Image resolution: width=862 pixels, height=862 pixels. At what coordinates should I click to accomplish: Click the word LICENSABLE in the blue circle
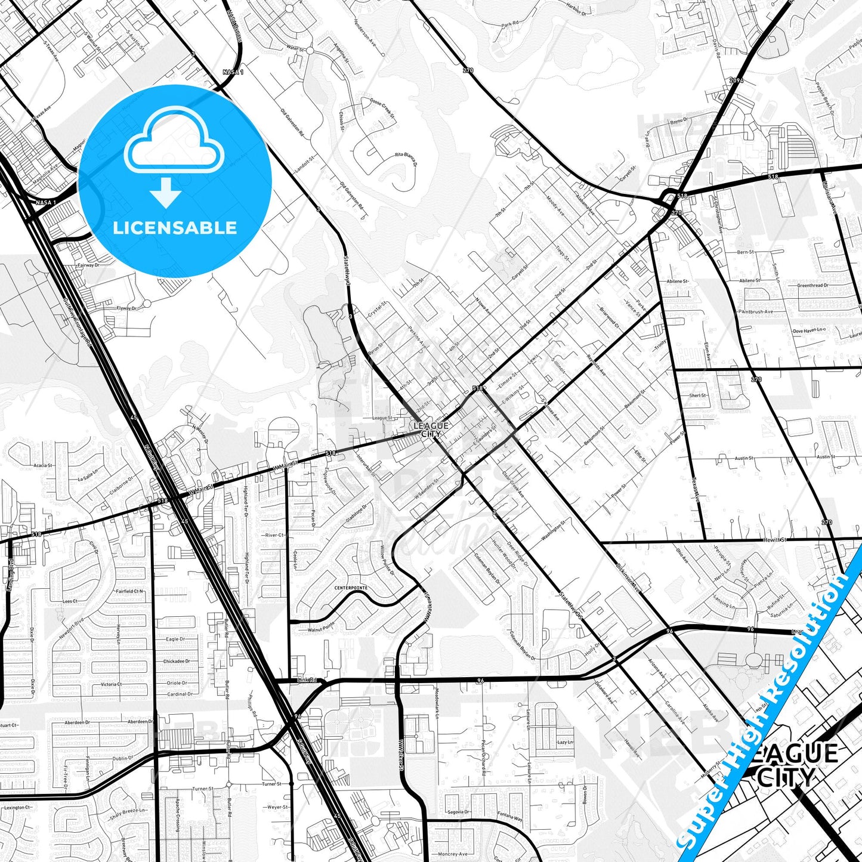(175, 227)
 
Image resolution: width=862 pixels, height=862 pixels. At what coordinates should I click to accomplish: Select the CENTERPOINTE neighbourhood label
(351, 588)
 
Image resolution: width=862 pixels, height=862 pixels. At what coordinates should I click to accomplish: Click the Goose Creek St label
(382, 107)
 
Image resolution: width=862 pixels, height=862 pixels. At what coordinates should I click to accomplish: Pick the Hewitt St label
(775, 540)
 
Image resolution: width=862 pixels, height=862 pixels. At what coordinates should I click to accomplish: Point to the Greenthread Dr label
(812, 286)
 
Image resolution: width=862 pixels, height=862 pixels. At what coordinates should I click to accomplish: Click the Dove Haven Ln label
(808, 330)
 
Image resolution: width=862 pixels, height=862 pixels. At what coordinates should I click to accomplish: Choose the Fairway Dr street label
(88, 265)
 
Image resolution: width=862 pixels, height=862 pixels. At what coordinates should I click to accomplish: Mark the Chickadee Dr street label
(177, 662)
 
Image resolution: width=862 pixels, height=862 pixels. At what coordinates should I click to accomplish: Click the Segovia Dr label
(459, 812)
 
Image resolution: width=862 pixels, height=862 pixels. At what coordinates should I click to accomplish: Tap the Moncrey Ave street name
(452, 854)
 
